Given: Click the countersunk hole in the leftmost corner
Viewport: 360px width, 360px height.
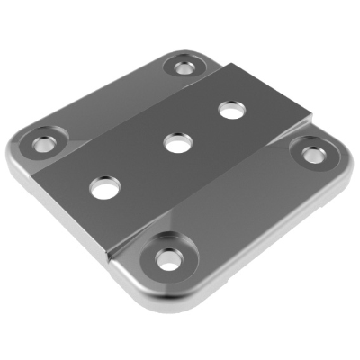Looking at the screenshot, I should tap(42, 142).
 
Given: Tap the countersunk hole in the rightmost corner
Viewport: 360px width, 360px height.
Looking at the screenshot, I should tap(312, 154).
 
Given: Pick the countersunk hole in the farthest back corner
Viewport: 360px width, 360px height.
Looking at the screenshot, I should tap(184, 67).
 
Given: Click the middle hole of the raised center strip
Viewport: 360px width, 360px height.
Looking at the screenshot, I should tap(175, 141).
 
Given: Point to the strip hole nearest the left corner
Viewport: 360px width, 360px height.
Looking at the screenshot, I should tap(104, 187).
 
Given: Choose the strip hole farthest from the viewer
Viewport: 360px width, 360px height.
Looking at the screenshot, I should tap(231, 109).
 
